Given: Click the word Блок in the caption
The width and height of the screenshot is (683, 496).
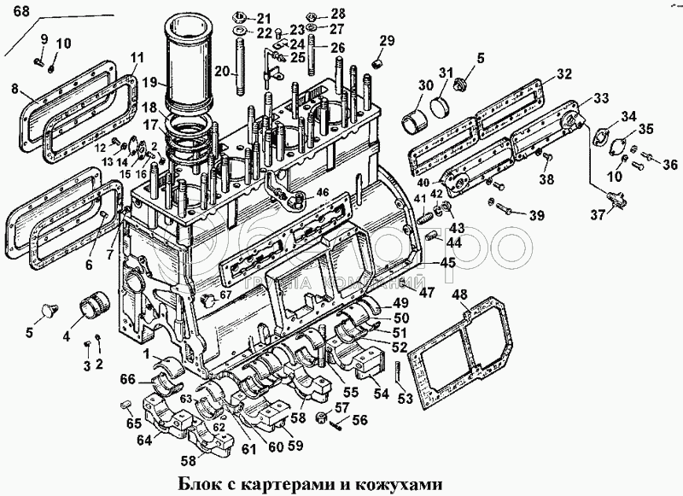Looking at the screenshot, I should pos(198,484).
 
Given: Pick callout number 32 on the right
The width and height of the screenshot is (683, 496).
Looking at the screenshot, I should pos(563,74).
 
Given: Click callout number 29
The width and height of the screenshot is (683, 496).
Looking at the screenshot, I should pos(388,40).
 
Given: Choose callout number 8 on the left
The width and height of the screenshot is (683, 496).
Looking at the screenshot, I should pos(15,88).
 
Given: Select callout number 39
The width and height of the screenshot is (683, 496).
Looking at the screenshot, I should pos(535,214).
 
